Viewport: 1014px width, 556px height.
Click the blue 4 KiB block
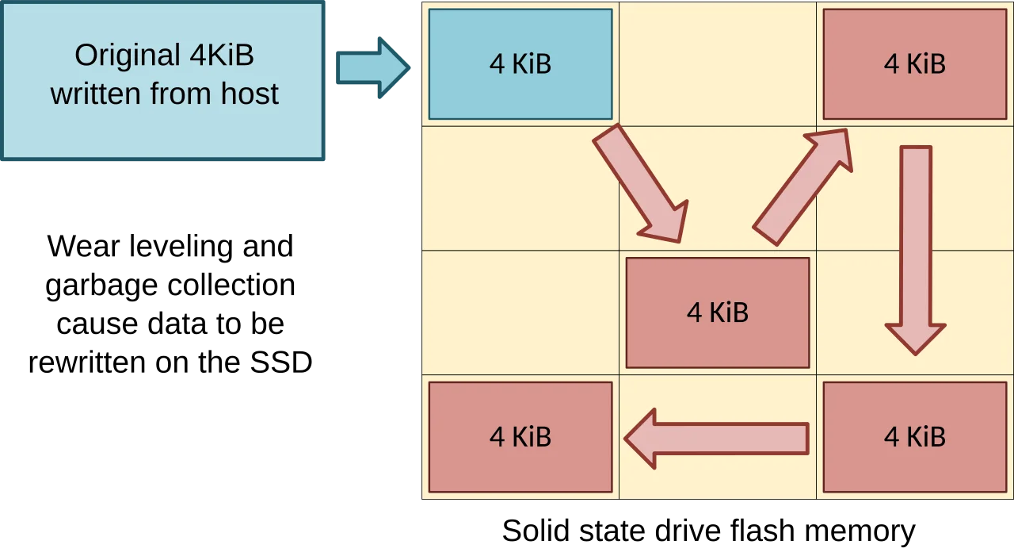click(520, 63)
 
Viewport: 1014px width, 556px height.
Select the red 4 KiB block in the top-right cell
click(914, 63)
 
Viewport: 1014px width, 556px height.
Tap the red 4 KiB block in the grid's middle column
click(718, 313)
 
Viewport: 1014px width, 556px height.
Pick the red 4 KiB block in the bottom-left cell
click(520, 437)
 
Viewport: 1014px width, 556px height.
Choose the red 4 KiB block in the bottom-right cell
click(914, 437)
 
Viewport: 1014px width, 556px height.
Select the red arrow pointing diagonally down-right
click(640, 183)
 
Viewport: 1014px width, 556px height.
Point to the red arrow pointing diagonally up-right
click(802, 187)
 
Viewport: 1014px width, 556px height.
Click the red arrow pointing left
click(717, 438)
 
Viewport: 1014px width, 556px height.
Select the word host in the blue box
click(248, 94)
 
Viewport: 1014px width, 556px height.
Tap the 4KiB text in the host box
click(221, 56)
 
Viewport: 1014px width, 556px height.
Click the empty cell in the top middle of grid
click(717, 63)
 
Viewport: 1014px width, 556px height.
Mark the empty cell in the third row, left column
click(520, 313)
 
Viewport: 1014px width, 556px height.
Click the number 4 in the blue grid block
click(497, 64)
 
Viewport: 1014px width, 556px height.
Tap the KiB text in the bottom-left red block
click(532, 437)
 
